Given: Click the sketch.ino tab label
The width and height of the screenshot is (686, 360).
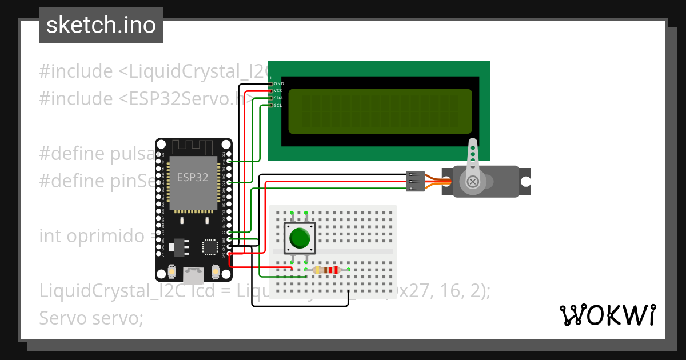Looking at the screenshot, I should point(101,25).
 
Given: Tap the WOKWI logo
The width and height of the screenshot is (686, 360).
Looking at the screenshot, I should point(607,315).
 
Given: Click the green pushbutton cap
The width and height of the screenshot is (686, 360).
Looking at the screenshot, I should point(299,238).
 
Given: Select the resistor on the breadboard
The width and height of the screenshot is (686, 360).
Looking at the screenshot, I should point(327,270).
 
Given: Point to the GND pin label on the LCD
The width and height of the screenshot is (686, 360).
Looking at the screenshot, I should point(279,84).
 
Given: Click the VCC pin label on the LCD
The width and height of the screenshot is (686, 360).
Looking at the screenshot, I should point(278,91).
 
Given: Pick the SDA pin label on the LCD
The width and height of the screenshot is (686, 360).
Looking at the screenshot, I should point(278,98).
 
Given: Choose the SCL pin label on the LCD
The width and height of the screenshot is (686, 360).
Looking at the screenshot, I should point(278,105).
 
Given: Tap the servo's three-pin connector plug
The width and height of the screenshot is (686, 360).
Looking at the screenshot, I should point(414,181).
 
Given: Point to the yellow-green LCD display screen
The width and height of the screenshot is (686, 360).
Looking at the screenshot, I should point(380,111).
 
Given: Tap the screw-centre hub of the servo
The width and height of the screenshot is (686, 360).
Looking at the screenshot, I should point(473,182).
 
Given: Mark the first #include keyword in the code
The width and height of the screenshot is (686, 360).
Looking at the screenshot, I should point(75,71).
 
